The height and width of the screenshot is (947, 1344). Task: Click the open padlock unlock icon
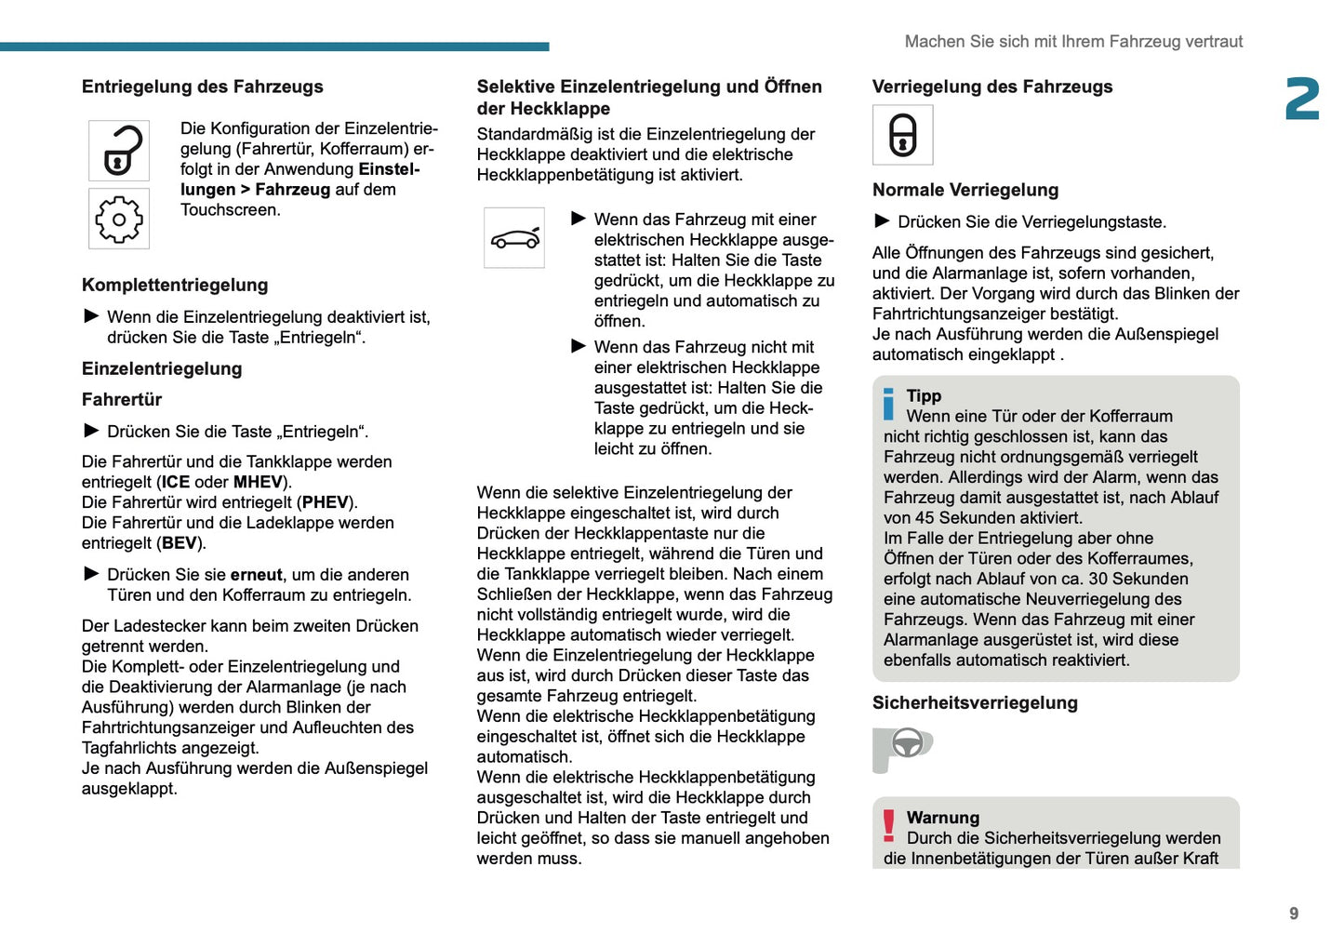coord(119,151)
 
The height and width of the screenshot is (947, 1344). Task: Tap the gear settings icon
coord(119,220)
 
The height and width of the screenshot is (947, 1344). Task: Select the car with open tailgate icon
coord(514,238)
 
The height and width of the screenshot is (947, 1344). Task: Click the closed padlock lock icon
coord(902,136)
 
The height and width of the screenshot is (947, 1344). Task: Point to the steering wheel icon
coord(907,744)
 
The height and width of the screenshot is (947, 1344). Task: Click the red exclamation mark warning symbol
coord(889,824)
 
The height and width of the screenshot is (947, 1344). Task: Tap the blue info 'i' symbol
coord(889,405)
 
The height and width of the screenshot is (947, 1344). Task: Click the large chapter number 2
coord(1302,100)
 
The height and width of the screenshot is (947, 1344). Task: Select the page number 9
coord(1294,914)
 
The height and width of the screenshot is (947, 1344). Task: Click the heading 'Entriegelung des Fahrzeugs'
coord(203,87)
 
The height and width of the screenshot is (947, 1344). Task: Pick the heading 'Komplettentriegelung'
coord(175,286)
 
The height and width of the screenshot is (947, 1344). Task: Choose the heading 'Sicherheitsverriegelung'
coord(975,703)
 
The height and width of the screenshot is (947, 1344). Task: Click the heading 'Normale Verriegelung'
coord(965,190)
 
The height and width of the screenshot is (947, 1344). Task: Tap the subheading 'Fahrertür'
coord(122,400)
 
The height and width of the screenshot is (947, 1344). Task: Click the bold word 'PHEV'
coord(325,502)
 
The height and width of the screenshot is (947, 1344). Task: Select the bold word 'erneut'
coord(256,575)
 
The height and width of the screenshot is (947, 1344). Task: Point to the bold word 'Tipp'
coord(924,396)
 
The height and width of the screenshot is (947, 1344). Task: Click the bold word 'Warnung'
coord(943,818)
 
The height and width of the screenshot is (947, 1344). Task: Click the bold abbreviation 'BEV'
coord(179,543)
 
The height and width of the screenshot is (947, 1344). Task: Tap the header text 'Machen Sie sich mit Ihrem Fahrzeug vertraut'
coord(1073,42)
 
